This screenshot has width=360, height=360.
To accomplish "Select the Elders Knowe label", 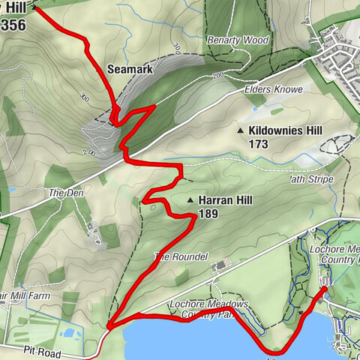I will click(x=273, y=89).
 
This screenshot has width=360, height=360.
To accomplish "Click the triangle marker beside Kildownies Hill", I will click(x=240, y=131).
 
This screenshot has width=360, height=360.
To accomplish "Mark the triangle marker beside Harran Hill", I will click(x=191, y=201).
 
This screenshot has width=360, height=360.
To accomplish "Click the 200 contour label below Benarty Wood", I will click(x=218, y=73).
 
